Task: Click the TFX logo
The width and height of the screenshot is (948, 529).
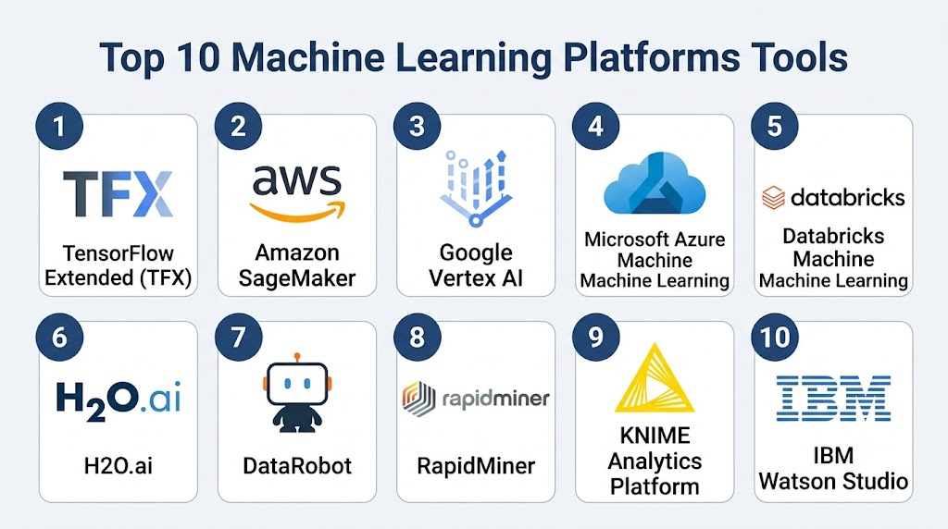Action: (x=118, y=194)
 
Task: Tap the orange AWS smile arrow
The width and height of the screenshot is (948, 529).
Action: (x=297, y=211)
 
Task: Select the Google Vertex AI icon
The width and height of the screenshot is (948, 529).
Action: (x=475, y=188)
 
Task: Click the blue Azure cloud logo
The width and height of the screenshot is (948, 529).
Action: (x=655, y=183)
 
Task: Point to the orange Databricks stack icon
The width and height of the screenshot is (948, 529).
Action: (x=773, y=198)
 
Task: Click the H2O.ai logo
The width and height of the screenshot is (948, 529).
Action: (x=118, y=400)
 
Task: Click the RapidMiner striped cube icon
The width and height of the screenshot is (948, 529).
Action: (x=418, y=400)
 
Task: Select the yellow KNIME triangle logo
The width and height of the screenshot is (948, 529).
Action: (x=655, y=378)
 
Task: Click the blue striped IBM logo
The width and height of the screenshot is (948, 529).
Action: (x=833, y=398)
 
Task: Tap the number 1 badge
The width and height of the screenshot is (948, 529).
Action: (x=59, y=126)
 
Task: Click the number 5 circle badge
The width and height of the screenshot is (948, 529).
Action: (x=775, y=126)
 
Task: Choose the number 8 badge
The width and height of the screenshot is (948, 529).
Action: (x=418, y=337)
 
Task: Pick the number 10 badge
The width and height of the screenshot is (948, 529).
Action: (x=775, y=337)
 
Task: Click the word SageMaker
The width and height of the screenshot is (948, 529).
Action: (x=297, y=278)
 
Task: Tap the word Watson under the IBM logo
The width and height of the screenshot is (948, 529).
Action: (x=797, y=481)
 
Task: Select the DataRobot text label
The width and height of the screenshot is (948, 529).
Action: (x=297, y=465)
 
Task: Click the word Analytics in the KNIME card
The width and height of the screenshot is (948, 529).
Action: (x=655, y=461)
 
